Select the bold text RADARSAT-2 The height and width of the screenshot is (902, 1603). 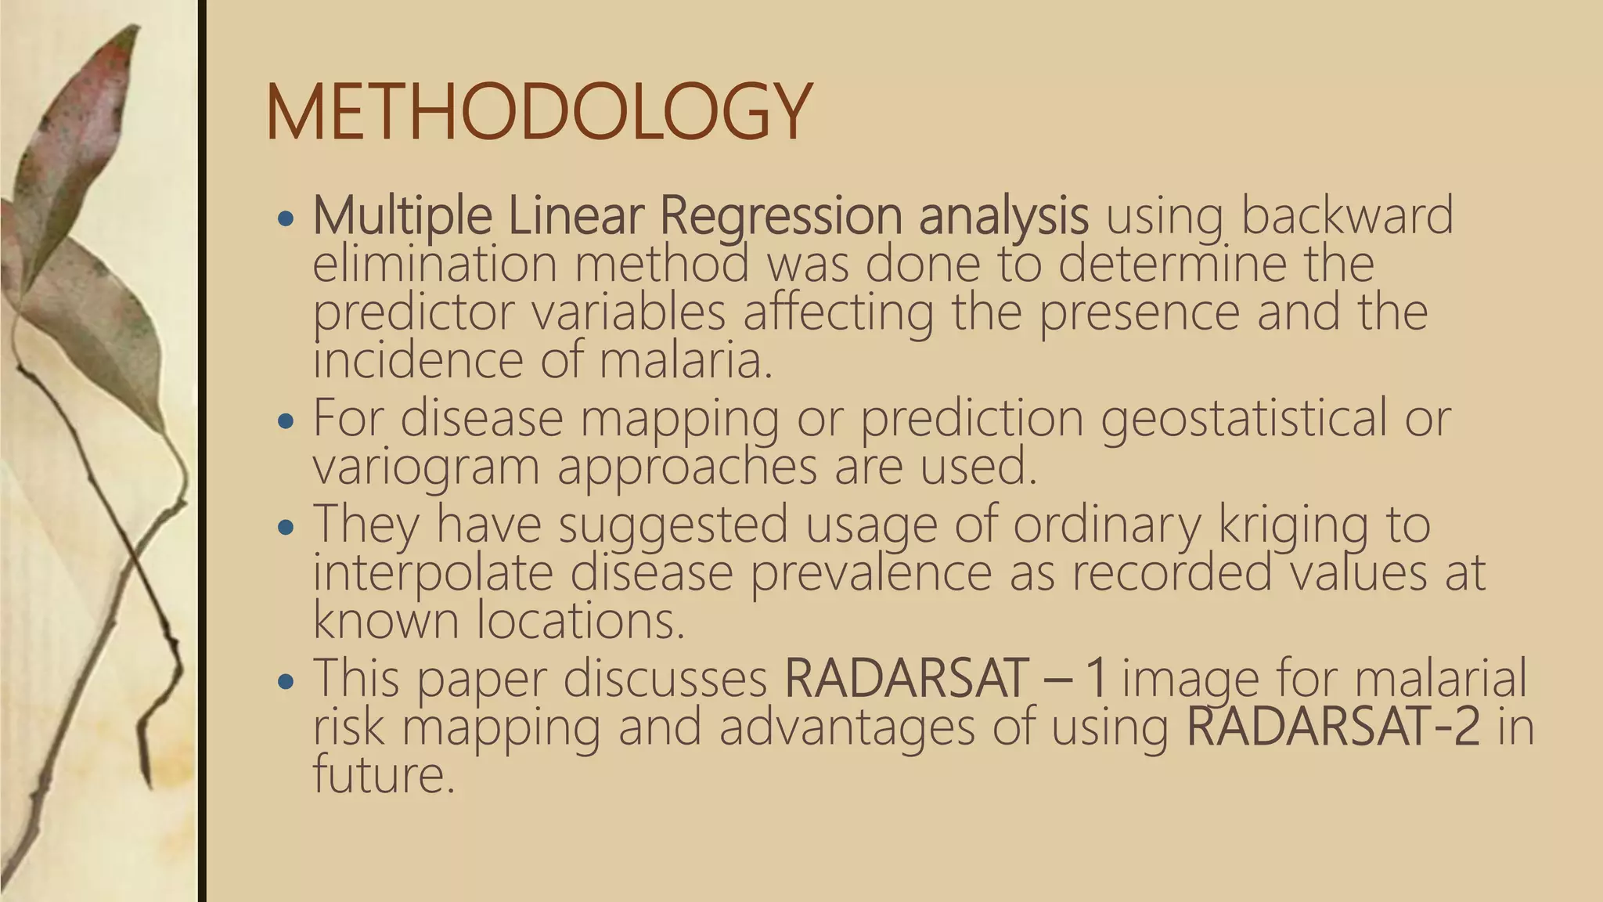[1333, 726]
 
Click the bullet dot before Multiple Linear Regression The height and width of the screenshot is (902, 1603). [286, 217]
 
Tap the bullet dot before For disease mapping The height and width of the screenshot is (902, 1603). [286, 420]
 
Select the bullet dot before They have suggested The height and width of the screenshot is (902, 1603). [286, 526]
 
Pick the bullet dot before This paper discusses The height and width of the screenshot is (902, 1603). [286, 680]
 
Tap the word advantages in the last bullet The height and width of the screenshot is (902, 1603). [846, 726]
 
